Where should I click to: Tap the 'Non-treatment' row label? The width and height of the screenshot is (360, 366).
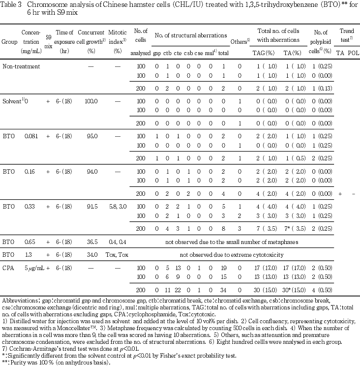click(18, 65)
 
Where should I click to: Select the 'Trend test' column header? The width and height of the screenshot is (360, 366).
click(346, 34)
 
